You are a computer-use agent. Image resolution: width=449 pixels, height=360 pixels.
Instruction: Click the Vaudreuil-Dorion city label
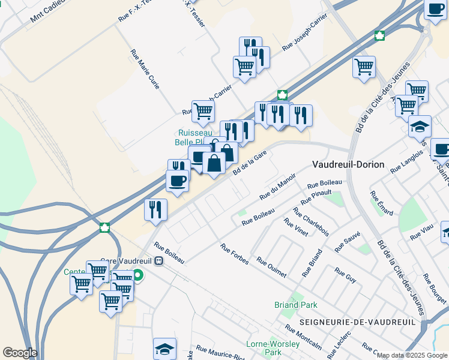tap(348, 164)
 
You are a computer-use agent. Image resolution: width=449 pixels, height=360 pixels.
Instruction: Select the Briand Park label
tap(295, 305)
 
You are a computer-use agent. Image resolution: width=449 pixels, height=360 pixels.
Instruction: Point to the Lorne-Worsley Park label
tap(273, 348)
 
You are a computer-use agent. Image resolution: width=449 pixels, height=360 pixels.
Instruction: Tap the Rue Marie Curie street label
tap(145, 70)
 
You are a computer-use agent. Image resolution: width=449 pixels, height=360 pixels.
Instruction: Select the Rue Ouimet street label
tap(271, 269)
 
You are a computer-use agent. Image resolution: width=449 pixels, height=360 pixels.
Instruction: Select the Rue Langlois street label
tap(408, 163)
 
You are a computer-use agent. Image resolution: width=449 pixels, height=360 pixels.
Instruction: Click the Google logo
tap(20, 353)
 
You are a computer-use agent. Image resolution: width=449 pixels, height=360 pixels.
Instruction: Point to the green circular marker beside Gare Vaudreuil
tap(138, 276)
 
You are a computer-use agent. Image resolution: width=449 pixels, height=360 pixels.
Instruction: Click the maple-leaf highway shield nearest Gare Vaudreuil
tap(105, 227)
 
